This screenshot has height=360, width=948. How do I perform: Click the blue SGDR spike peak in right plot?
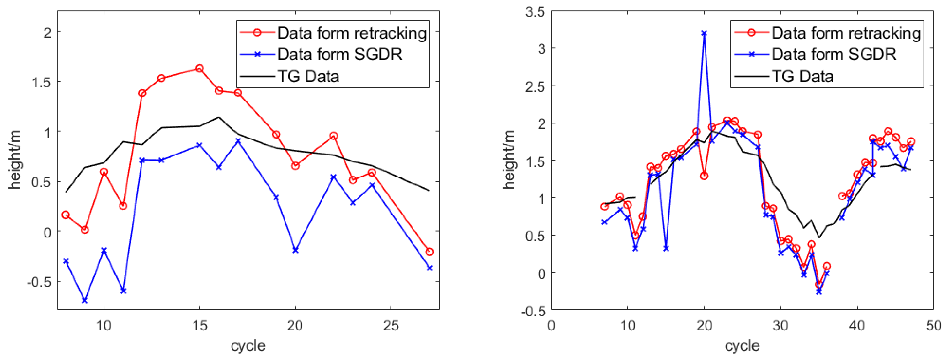[x=704, y=33]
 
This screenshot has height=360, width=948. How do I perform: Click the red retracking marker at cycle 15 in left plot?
[x=200, y=68]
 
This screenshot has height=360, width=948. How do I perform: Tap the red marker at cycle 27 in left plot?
[x=429, y=252]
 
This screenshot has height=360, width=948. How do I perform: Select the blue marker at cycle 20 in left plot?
[x=295, y=250]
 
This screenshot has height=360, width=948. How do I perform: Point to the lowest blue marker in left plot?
[x=85, y=301]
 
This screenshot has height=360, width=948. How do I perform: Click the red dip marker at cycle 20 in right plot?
[x=704, y=176]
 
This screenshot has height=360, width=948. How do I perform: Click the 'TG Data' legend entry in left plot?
[x=308, y=77]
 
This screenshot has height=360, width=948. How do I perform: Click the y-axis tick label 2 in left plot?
[x=47, y=33]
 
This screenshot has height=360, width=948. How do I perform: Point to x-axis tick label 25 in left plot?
[x=391, y=326]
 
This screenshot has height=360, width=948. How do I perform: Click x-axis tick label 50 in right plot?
[x=933, y=326]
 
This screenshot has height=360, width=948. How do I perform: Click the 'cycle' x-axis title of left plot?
[x=248, y=346]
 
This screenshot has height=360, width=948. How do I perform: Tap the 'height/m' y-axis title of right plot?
[x=509, y=160]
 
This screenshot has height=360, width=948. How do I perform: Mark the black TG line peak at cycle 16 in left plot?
[x=219, y=117]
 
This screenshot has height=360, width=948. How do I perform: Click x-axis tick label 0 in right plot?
[x=551, y=326]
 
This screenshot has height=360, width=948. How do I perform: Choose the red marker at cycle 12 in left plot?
[x=142, y=93]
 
